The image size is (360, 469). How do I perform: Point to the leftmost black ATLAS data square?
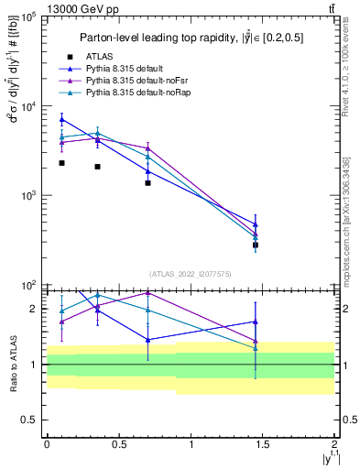tap(61, 163)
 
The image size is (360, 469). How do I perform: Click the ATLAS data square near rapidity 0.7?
tap(147, 183)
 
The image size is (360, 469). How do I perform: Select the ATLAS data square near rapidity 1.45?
tap(256, 245)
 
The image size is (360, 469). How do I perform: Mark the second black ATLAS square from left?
tap(97, 167)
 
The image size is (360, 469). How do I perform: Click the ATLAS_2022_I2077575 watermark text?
tap(191, 274)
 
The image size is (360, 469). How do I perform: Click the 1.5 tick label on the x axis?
tap(263, 442)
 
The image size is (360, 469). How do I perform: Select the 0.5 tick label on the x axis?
tap(118, 442)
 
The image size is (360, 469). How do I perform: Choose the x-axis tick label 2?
tap(335, 442)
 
